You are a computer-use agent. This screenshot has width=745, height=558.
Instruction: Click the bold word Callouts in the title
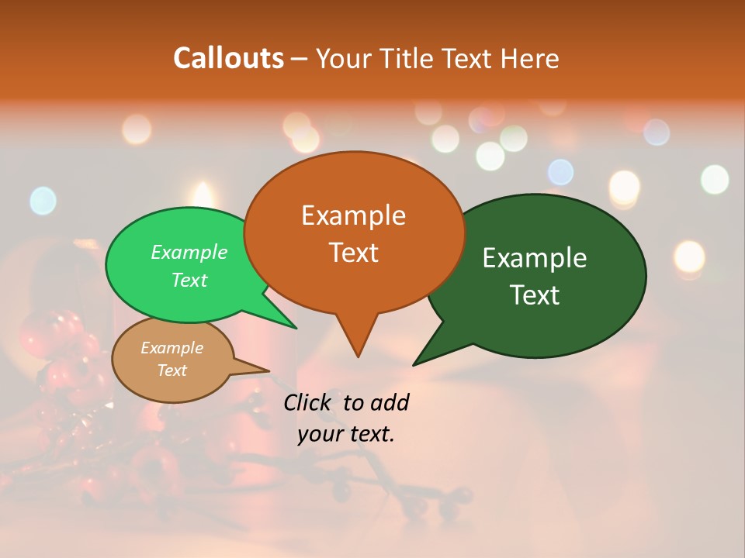(228, 58)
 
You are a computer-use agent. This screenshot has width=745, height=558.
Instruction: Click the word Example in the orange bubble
(353, 215)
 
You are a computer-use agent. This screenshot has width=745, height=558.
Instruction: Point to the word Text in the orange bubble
(353, 253)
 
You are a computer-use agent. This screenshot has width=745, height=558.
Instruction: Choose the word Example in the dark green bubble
(535, 258)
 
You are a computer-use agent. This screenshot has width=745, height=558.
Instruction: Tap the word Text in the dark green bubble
(535, 295)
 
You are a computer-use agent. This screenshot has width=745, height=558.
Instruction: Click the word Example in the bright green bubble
(189, 253)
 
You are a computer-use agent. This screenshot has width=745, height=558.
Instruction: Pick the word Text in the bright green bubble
(189, 280)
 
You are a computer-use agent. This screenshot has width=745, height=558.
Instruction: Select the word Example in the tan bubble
(172, 348)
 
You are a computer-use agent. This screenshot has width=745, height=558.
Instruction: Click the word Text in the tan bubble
(172, 370)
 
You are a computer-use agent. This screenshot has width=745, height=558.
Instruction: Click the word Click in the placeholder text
(308, 403)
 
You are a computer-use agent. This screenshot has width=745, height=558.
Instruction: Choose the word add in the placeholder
(390, 403)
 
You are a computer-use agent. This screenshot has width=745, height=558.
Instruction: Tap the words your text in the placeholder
(345, 434)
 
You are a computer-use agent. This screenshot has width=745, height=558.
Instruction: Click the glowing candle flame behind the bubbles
(203, 195)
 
